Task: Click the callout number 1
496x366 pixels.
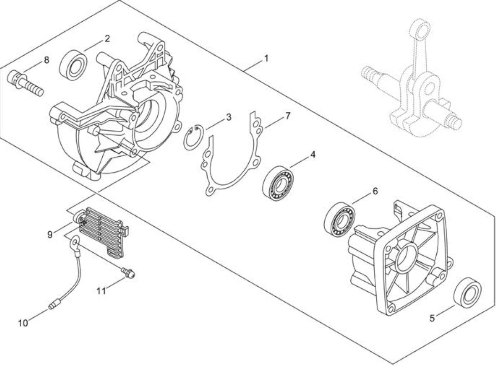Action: click(266, 58)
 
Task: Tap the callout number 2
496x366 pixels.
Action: click(108, 39)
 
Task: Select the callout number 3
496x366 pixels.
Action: click(228, 117)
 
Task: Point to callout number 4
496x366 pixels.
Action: click(313, 154)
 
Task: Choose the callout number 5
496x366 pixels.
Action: click(432, 318)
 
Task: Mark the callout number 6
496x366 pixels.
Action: click(375, 191)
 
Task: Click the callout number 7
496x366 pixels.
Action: click(288, 116)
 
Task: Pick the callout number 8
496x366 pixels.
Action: click(46, 60)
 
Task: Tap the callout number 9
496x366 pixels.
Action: click(50, 234)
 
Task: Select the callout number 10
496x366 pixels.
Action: click(23, 323)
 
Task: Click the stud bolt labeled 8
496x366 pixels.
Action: click(25, 84)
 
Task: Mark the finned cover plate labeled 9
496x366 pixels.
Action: click(102, 232)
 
